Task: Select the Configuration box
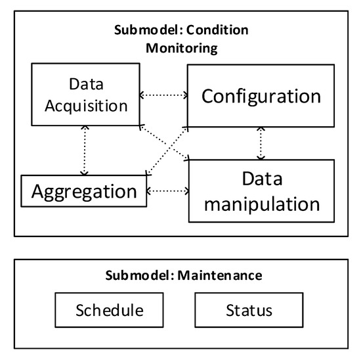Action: (x=261, y=97)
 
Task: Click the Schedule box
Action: (x=110, y=309)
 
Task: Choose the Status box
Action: (x=249, y=309)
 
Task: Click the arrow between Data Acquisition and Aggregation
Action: (x=83, y=150)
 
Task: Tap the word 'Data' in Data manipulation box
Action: (x=261, y=178)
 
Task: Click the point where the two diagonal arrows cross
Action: (x=165, y=146)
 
